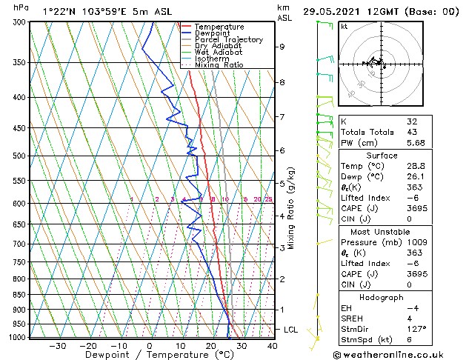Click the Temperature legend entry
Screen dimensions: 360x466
(219, 27)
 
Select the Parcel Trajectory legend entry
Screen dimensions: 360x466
(229, 39)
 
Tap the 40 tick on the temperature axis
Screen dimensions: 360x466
(272, 346)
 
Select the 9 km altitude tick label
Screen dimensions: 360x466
(282, 47)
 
